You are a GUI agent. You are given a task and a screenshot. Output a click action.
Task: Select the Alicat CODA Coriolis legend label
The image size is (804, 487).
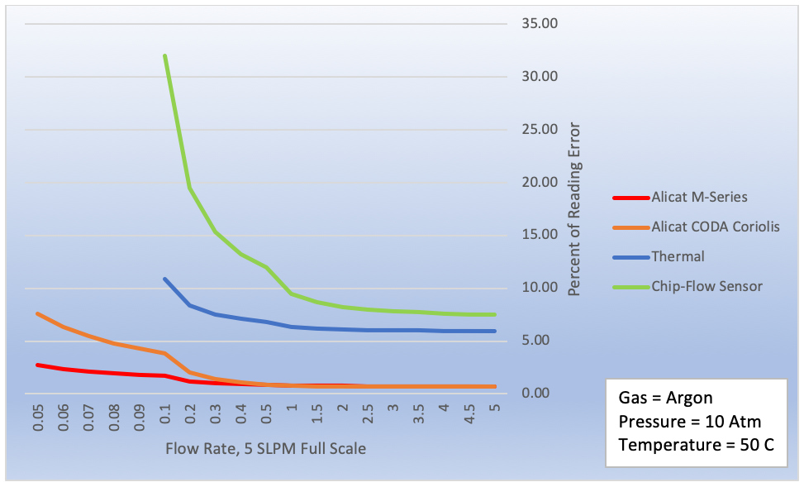coord(715,227)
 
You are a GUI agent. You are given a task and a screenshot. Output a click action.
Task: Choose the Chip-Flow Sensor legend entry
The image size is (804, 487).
coord(706,286)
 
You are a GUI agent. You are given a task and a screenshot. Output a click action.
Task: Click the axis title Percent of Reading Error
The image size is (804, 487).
coord(573,209)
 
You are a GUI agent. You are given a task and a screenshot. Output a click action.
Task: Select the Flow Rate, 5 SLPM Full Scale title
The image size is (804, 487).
coord(265,449)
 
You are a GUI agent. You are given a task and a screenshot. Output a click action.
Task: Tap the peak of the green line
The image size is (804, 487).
coord(165,55)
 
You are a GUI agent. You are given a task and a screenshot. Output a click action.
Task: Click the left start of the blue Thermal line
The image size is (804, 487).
coord(165,279)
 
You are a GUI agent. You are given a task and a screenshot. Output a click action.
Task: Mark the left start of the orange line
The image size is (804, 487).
coord(38,313)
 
